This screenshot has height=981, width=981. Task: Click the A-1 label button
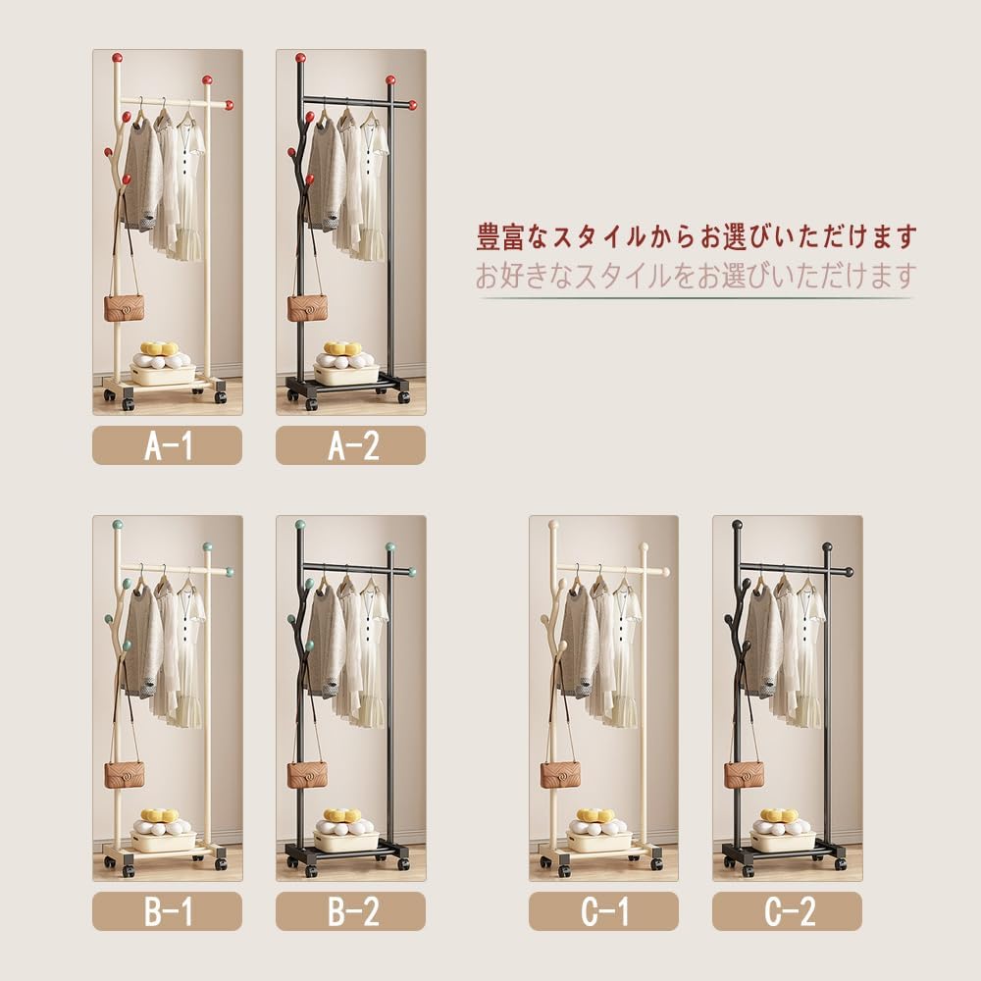167,445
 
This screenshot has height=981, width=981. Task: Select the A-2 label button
350,445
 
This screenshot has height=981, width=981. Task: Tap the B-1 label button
167,911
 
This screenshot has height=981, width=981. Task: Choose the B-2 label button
350,911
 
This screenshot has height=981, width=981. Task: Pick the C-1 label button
603,911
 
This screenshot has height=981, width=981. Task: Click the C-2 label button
787,911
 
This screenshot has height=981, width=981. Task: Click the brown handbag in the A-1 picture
124,307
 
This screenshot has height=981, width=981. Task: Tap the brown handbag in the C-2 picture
744,774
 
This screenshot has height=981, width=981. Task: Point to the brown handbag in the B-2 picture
307,774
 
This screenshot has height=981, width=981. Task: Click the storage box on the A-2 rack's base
345,373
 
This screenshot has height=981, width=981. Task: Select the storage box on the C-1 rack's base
598,840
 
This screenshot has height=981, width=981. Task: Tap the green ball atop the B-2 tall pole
300,524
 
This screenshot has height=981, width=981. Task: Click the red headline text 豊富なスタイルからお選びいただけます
697,236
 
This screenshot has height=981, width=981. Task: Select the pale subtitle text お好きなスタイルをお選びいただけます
697,276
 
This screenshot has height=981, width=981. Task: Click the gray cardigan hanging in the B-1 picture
142,638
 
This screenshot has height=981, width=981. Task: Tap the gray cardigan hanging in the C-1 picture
579,638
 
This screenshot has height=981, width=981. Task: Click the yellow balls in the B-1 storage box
159,815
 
